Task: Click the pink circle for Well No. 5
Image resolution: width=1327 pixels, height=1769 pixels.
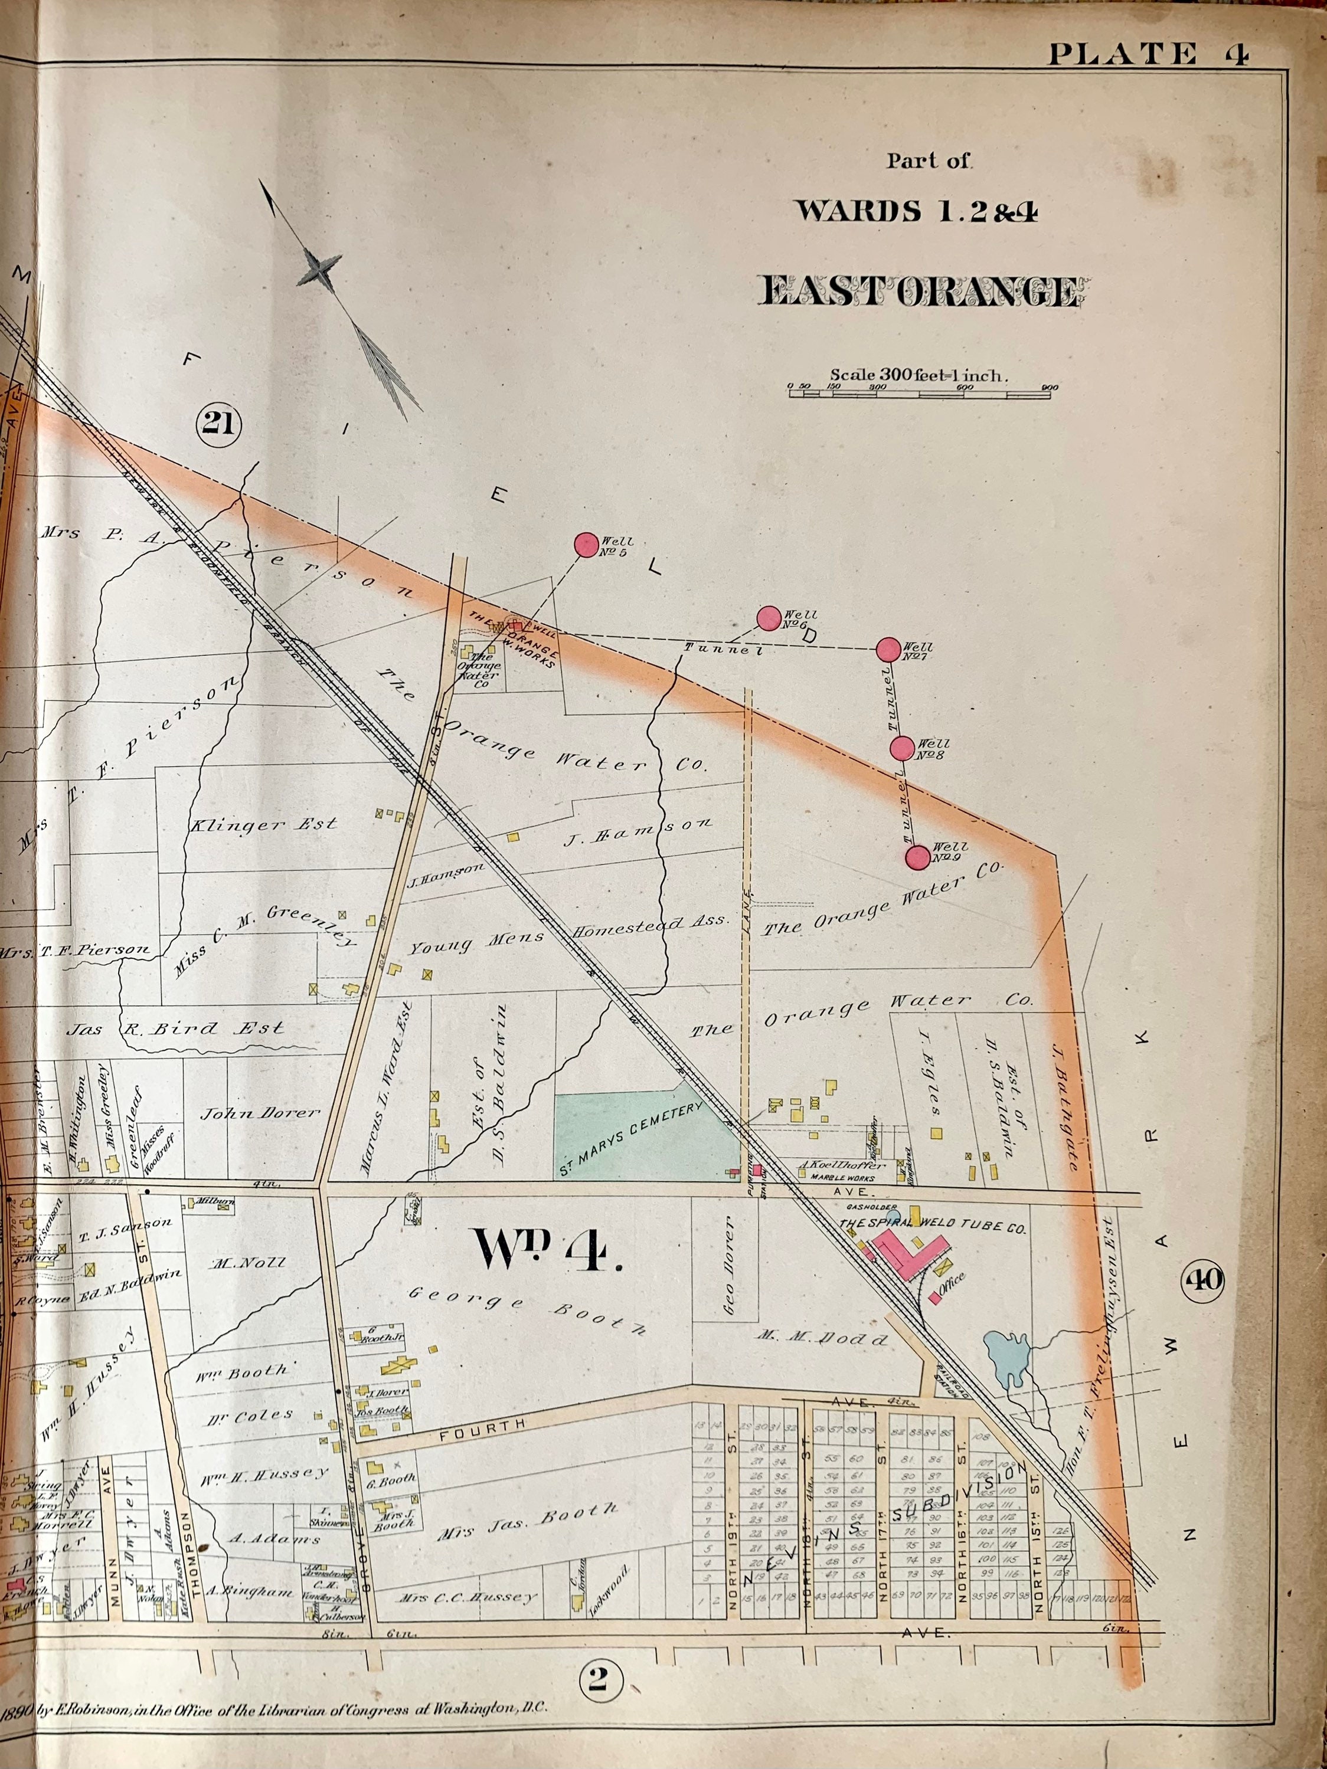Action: [586, 545]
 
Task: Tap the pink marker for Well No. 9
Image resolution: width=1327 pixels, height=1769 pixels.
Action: [917, 857]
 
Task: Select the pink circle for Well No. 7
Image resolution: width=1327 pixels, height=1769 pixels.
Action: [888, 650]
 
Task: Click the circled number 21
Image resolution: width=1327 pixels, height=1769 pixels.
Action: [219, 421]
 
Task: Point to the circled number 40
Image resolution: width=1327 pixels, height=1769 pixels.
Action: [1205, 1280]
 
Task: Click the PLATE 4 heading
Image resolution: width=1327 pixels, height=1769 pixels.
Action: [1148, 54]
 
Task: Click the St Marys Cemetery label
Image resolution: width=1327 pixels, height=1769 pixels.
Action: [630, 1138]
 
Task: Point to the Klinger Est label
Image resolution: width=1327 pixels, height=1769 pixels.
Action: [263, 824]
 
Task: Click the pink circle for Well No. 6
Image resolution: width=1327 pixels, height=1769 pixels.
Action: [768, 617]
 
